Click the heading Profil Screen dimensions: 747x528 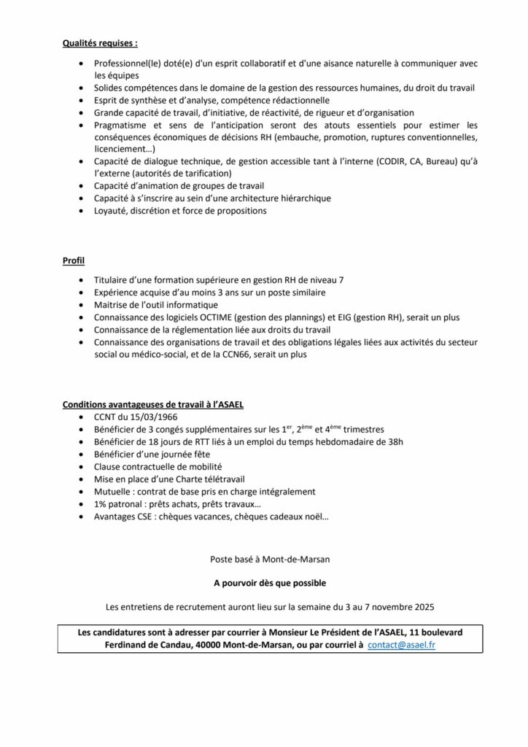74,260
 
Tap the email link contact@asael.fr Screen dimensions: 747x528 402,646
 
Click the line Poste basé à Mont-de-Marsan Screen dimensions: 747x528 263,560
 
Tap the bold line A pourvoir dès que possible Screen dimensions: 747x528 263,583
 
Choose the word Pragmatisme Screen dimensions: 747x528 123,125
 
